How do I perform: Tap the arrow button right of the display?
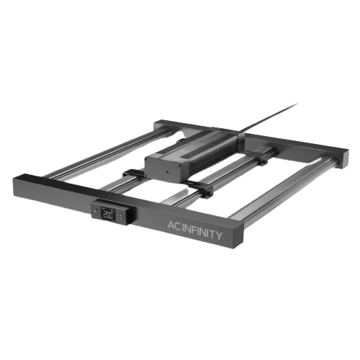tap(121, 217)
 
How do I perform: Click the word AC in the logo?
tap(174, 225)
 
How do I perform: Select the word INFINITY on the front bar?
tap(202, 232)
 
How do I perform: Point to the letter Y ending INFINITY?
tap(219, 236)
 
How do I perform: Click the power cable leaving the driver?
tap(268, 117)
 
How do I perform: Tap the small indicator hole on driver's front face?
tap(167, 172)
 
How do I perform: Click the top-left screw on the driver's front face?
tap(146, 158)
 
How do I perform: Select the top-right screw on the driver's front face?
tap(179, 166)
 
